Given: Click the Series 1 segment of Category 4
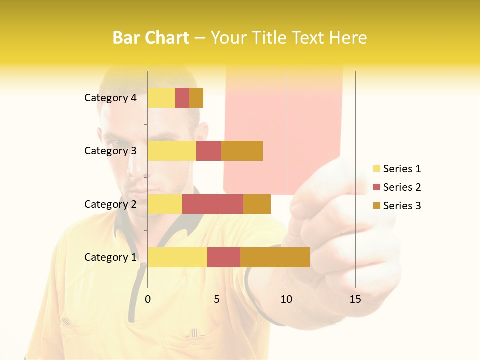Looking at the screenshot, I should tap(161, 98).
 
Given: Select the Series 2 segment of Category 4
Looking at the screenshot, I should tap(182, 98).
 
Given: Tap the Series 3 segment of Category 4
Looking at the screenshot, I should tap(196, 98).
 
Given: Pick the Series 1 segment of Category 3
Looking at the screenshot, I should tap(172, 151).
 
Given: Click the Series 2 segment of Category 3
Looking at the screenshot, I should tap(209, 151).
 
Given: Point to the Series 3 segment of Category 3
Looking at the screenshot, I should tap(242, 151).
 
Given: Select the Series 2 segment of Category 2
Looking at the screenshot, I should tap(213, 204).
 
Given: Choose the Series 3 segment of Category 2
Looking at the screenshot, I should tap(257, 204).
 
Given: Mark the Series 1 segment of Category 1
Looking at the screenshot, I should tap(177, 257).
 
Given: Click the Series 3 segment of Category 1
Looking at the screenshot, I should tap(275, 257).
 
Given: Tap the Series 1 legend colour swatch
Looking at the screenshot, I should tap(376, 169).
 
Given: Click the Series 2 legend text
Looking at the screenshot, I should tap(402, 187).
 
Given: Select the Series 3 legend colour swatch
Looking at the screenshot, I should tap(376, 206).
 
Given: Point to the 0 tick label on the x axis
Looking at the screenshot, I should tap(148, 299).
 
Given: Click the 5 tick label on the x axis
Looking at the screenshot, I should tap(217, 299).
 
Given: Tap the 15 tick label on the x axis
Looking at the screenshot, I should tap(355, 299).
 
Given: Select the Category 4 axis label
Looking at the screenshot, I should tap(110, 98).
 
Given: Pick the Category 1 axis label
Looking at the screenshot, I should tap(110, 257).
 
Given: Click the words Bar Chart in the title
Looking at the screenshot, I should tap(151, 38).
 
